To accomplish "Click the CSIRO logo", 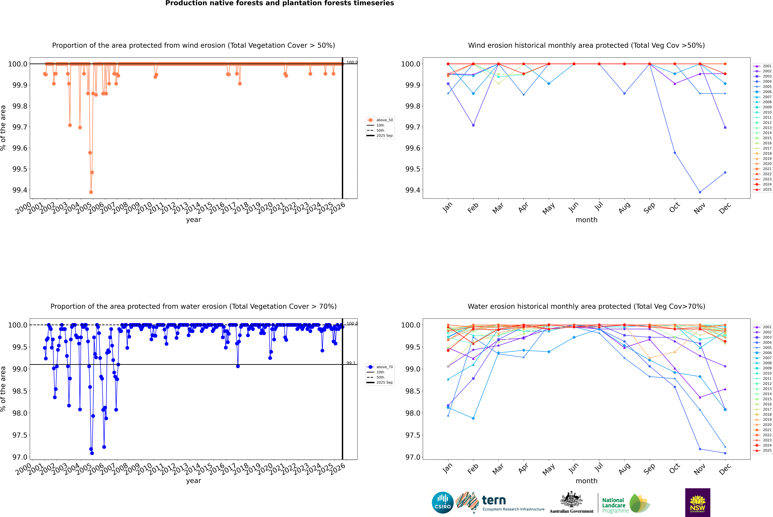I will (443, 503).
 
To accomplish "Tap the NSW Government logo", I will (698, 503).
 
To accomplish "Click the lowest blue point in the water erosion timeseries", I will (92, 453).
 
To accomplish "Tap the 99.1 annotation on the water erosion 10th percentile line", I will (351, 363).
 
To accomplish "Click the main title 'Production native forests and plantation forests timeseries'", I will (279, 3).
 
